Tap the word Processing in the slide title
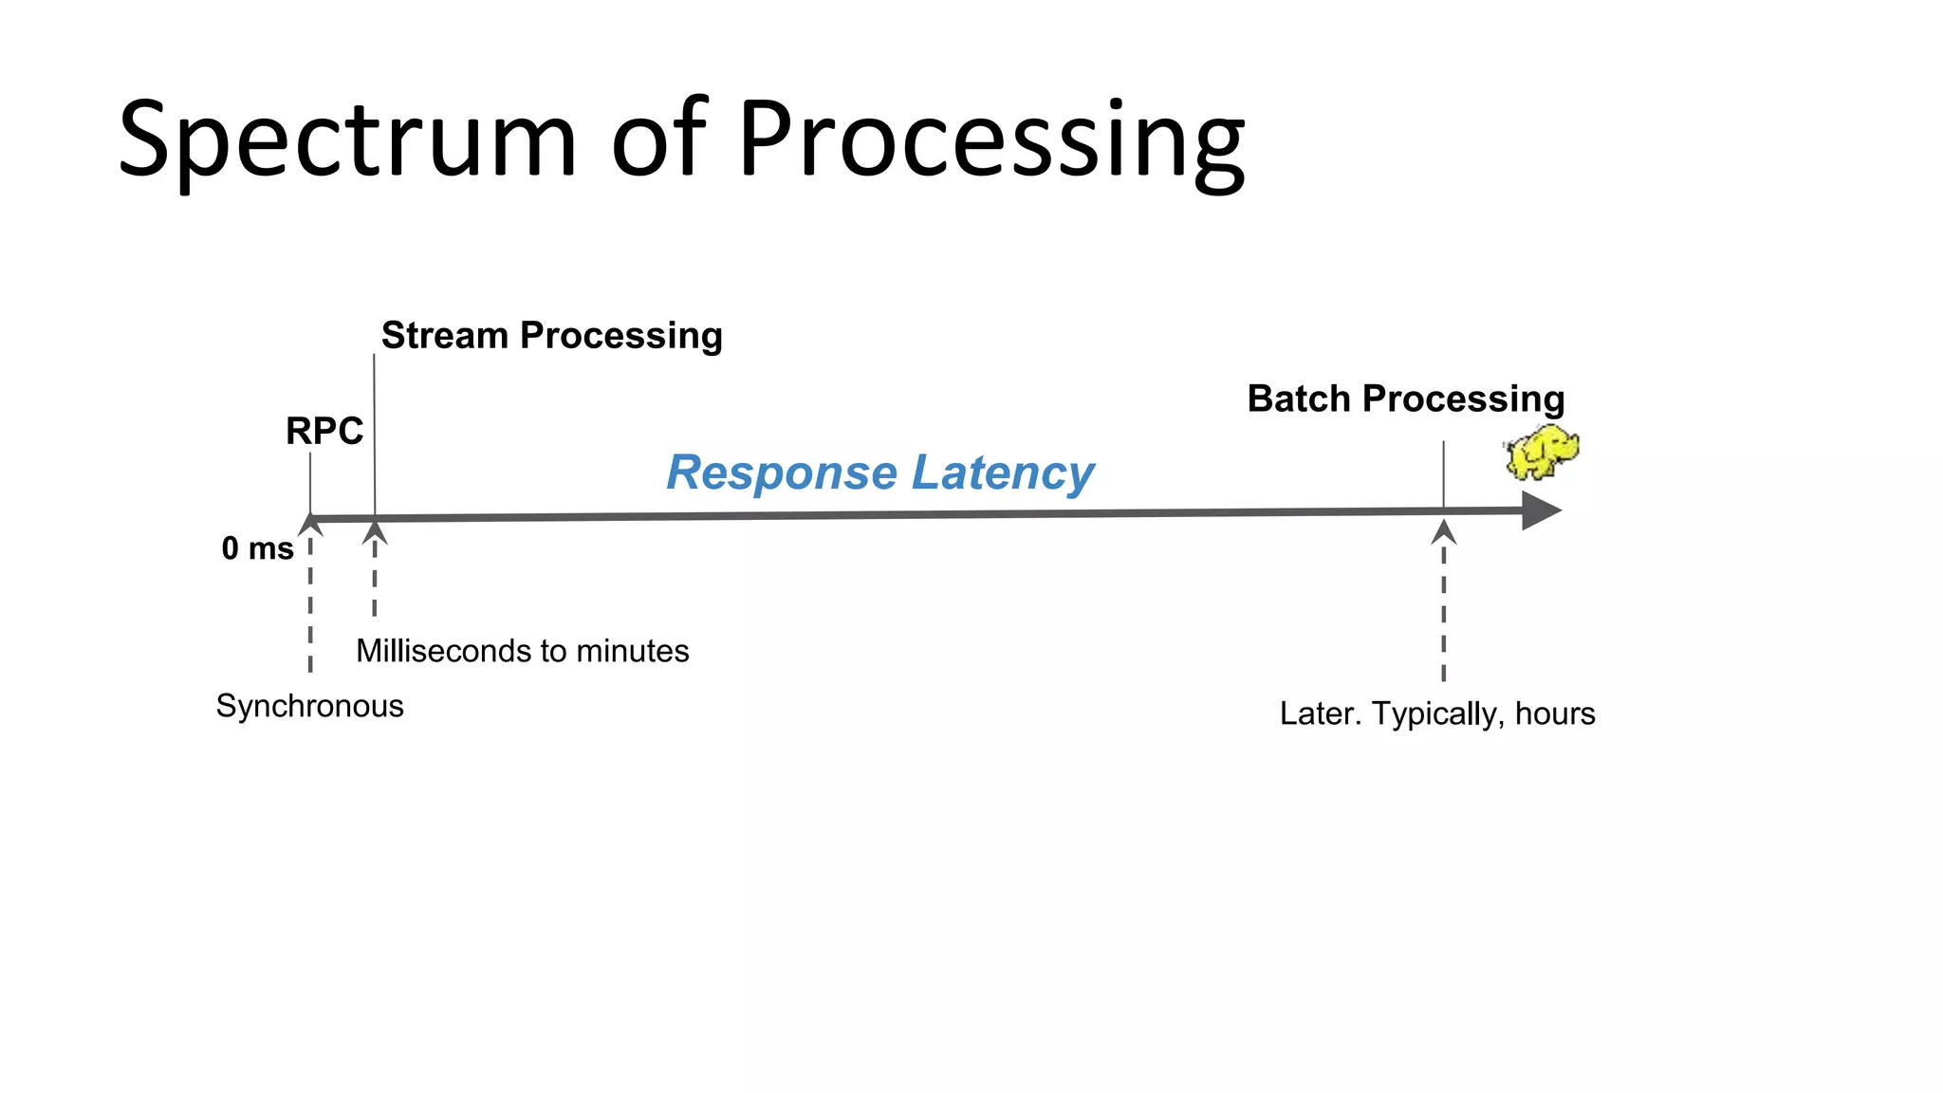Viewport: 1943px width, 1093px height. coord(990,142)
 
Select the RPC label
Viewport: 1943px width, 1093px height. coord(324,432)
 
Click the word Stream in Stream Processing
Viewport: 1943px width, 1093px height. coord(445,336)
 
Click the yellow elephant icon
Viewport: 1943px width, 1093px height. coord(1542,453)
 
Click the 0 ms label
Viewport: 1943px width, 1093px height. coord(257,548)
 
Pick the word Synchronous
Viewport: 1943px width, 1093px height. coord(309,706)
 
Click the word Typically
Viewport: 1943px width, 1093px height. coord(1437,713)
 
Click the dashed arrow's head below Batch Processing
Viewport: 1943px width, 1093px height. coord(1443,532)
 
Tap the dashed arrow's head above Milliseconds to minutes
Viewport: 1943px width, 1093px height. coord(375,532)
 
